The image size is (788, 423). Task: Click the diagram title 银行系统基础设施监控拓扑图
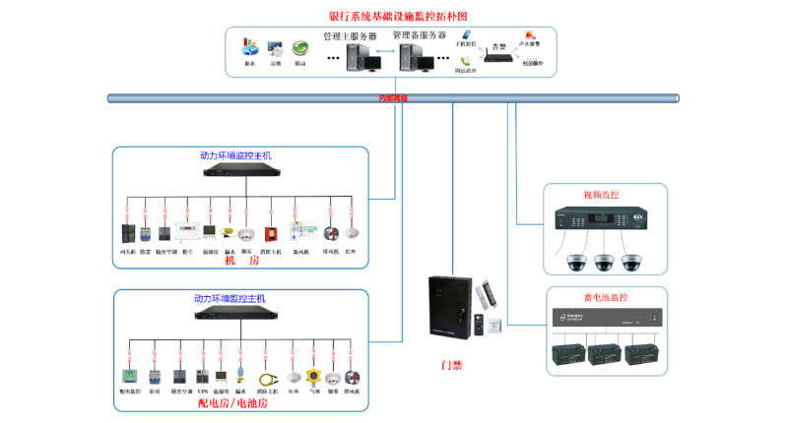click(x=394, y=17)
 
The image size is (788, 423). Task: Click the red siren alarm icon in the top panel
click(x=532, y=36)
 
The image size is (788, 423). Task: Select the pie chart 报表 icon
click(x=250, y=48)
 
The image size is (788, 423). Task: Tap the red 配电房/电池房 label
click(x=237, y=402)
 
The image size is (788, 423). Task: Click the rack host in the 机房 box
click(x=241, y=170)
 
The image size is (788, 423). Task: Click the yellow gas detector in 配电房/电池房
click(x=313, y=377)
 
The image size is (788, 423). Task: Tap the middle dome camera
click(x=604, y=262)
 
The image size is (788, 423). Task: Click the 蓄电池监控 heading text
click(x=605, y=297)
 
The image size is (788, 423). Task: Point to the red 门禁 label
click(x=451, y=365)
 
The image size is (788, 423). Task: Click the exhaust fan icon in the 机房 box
click(x=330, y=234)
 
